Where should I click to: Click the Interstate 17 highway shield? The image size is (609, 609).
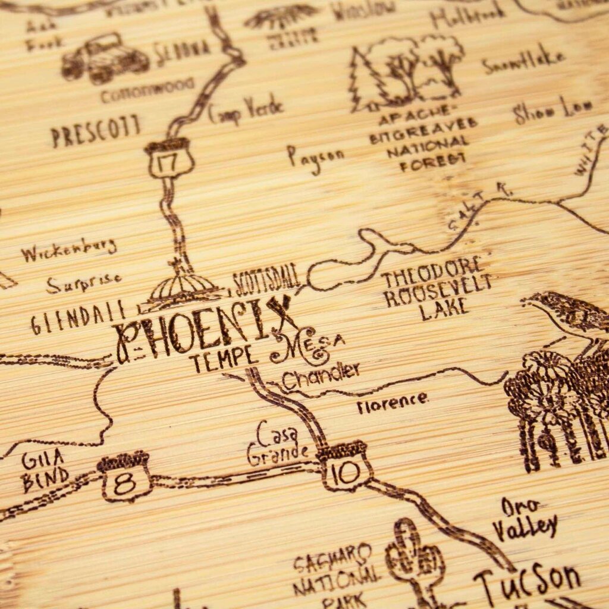pos(169,159)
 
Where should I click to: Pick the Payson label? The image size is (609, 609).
pos(315,158)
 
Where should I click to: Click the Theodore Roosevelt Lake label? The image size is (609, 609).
pos(437,289)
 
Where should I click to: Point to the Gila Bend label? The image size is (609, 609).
pos(45,470)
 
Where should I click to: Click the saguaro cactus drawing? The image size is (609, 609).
pos(415,559)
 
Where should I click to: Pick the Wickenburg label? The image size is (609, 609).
pos(68,250)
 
